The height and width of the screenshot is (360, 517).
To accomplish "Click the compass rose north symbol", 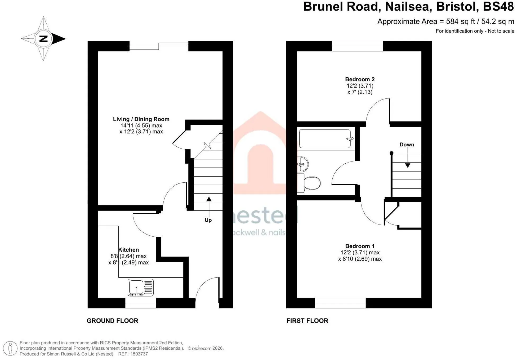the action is (x=43, y=39).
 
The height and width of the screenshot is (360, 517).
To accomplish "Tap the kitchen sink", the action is (x=141, y=287).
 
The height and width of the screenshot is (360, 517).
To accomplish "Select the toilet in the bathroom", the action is (x=309, y=183).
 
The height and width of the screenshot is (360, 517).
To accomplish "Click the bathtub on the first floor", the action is (x=325, y=139).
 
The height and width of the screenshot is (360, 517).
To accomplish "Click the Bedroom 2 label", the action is (x=360, y=79).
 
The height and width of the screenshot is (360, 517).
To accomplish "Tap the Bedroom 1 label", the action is (x=360, y=246).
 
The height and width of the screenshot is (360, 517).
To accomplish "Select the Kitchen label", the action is (x=128, y=250).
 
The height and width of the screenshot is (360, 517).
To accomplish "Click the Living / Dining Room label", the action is (x=141, y=119).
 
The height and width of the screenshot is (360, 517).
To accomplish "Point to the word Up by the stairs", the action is (x=208, y=220).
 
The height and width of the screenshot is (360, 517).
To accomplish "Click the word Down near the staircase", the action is (x=407, y=145).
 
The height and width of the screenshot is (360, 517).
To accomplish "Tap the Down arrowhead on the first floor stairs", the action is (x=408, y=165).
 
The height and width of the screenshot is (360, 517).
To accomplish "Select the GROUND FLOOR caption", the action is (x=113, y=321).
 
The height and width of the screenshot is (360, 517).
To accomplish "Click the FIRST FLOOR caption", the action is (x=307, y=321).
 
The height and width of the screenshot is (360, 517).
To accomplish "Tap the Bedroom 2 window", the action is (x=357, y=46).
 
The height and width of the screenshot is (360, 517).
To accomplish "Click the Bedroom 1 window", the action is (x=340, y=303).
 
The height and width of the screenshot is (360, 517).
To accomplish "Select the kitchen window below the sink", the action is (x=141, y=303).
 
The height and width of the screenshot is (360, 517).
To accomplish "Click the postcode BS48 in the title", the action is (x=498, y=7).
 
